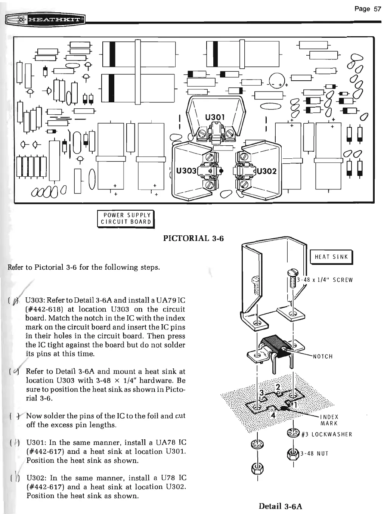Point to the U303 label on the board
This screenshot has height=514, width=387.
pos(186,171)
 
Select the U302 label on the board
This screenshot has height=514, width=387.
pos(267,171)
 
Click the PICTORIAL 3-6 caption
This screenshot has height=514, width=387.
pos(193,238)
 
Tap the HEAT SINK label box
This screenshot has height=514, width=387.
pos(331,257)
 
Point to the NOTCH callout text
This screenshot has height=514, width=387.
pos(323,356)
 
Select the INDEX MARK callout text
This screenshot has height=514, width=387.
pos(329,420)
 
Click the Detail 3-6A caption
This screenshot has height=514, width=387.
pos(281,506)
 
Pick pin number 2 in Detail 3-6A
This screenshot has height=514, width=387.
pos(278,386)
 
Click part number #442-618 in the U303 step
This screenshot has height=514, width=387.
pos(46,309)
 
